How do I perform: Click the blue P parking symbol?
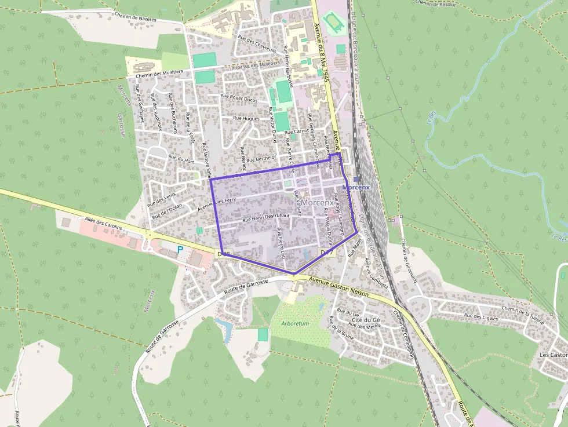point(180,250)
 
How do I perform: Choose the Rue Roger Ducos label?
point(239,97)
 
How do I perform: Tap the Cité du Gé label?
point(366,320)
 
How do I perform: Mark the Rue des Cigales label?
point(481,316)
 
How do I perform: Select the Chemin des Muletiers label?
point(159,74)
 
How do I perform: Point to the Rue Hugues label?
point(246,118)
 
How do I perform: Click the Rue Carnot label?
point(297,132)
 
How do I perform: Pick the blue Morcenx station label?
point(356,188)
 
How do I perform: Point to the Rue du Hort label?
point(180,158)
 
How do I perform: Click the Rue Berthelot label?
point(261,158)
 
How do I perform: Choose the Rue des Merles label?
point(365,327)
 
